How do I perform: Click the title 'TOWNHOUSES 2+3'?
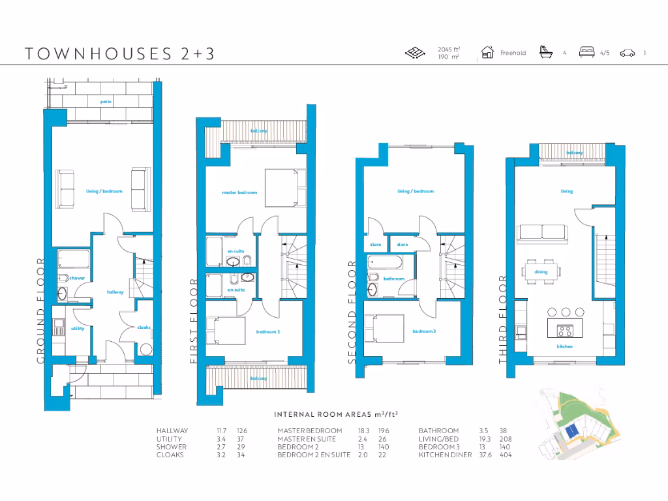coord(119,53)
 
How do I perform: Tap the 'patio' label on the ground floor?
coord(106,102)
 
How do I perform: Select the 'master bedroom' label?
coord(239,192)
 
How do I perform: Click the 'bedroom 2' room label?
coord(268,332)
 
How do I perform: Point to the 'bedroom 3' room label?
coord(424,331)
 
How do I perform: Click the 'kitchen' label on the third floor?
coord(565,346)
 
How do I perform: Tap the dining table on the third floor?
coord(541,271)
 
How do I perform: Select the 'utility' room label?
coord(77,328)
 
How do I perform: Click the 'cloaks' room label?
coord(144,327)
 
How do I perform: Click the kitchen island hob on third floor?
coord(564,329)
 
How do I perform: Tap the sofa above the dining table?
coord(542,232)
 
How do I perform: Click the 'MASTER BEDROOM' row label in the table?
coord(309,431)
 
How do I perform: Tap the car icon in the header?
coord(628,53)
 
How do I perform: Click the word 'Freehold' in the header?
coord(513,53)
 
